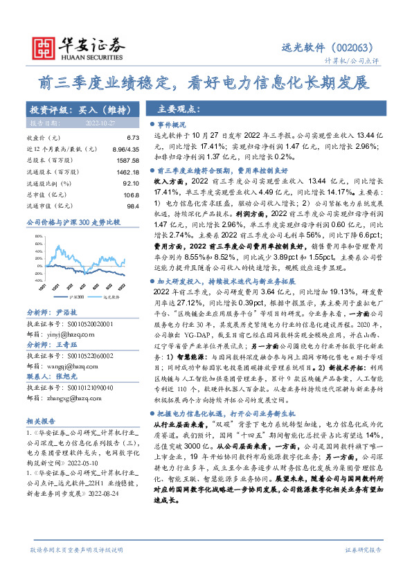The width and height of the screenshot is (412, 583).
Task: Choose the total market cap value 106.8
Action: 132,195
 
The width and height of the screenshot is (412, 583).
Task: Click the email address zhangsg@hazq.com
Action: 70,418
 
